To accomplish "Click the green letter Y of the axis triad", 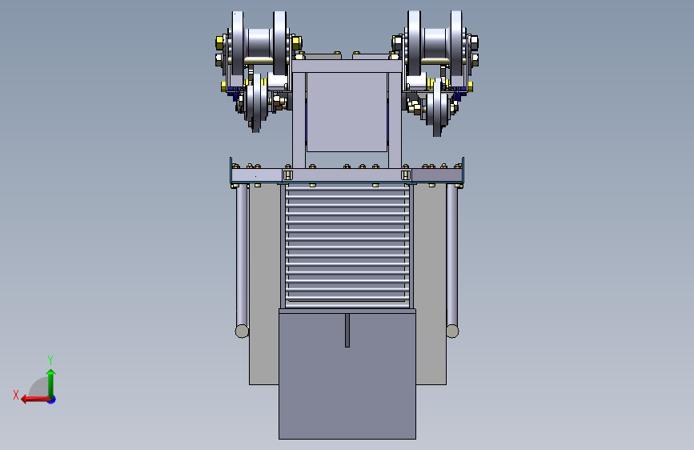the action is coord(50,360).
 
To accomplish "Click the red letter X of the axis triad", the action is coord(16,395).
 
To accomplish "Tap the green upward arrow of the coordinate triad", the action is coord(51,383).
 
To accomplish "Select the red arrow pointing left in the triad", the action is coord(36,400).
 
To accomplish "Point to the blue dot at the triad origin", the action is coord(52,400).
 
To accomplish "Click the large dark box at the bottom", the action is coord(347,374).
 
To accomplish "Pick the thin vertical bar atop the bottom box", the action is coord(347,331).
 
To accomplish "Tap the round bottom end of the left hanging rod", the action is coord(242,331).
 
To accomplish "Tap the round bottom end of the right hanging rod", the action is coord(452,331).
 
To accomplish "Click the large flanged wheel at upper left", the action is coord(259,43).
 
